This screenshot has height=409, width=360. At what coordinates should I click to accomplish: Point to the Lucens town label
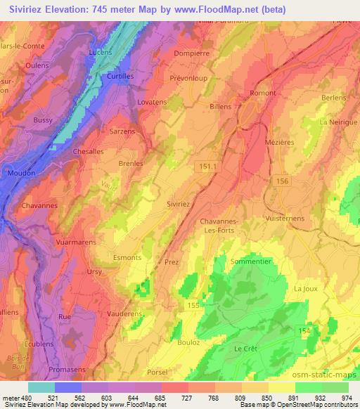point(101,53)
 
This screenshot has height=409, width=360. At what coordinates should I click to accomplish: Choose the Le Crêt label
point(247,349)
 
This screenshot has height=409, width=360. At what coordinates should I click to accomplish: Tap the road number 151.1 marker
point(205,165)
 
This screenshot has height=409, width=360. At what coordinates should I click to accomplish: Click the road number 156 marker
point(282,180)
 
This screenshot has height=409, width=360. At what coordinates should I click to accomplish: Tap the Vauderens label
point(124,314)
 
